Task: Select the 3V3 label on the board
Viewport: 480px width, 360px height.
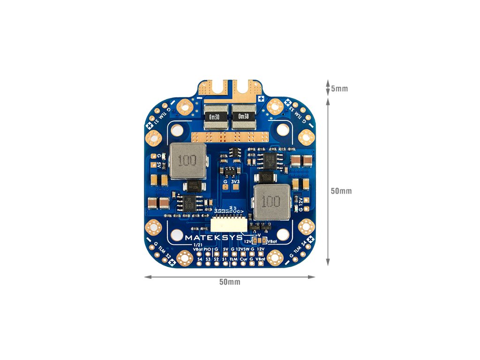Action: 235,181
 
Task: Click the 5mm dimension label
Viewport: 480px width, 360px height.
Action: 339,89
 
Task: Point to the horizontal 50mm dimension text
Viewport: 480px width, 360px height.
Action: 230,282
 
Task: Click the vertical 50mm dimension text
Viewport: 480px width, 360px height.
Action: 341,191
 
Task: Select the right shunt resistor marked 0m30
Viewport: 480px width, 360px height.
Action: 244,116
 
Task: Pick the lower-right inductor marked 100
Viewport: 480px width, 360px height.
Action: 270,202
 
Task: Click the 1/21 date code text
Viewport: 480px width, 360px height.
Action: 198,244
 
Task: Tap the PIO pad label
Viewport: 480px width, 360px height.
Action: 207,249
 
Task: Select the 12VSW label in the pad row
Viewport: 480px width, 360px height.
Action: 243,249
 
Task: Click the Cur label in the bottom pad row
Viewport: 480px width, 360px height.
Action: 243,259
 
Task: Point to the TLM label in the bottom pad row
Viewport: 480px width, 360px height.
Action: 233,259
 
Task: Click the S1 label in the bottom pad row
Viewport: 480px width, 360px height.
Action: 225,259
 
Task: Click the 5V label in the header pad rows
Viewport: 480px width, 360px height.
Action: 225,249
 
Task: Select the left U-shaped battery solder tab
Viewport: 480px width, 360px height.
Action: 216,88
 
